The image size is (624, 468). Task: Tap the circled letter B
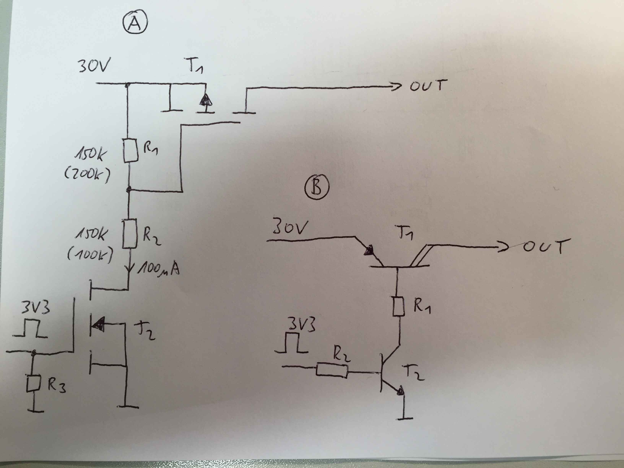coord(317,187)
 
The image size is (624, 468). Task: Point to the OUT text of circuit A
coord(428,85)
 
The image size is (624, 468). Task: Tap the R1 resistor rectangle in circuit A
coord(131,150)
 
